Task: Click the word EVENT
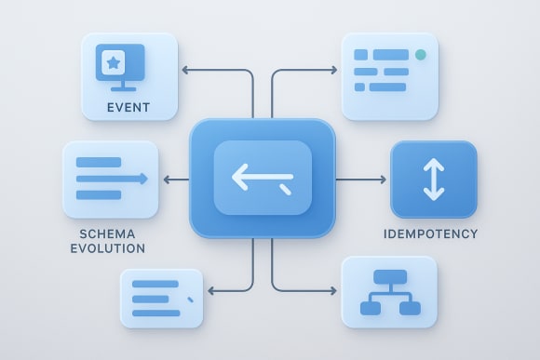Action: click(128, 107)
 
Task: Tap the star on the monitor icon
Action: click(113, 63)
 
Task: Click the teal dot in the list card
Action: click(421, 55)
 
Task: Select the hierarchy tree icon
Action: click(389, 291)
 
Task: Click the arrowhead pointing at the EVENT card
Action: click(184, 70)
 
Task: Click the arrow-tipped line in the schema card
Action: click(112, 179)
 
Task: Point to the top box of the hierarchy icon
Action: click(389, 277)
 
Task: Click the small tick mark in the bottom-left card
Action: click(191, 300)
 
